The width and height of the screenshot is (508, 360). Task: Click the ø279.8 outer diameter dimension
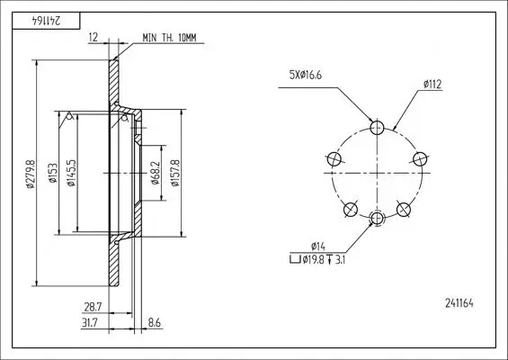30,175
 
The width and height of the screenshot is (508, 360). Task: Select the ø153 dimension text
54,176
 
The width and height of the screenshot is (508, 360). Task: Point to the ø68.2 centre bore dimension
155,175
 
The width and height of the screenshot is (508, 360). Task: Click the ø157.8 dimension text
175,175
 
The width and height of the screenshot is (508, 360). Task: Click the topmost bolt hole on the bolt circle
377,126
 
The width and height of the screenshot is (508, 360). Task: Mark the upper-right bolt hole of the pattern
419,158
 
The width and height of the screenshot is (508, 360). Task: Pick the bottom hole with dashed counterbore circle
377,217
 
